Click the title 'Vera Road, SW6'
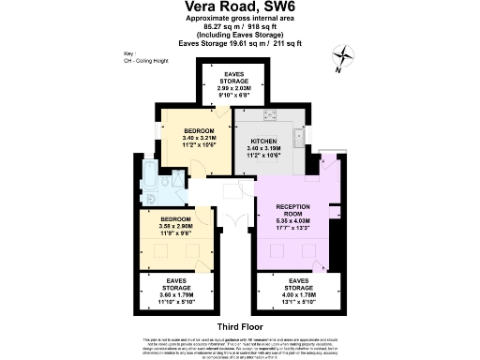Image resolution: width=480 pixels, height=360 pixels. tap(240, 7)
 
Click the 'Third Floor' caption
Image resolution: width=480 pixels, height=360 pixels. tap(239, 326)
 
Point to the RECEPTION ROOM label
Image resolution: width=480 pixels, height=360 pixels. tap(298, 209)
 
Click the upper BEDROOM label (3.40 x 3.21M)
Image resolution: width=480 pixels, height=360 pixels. tap(198, 129)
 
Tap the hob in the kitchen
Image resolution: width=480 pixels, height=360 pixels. tap(269, 116)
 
